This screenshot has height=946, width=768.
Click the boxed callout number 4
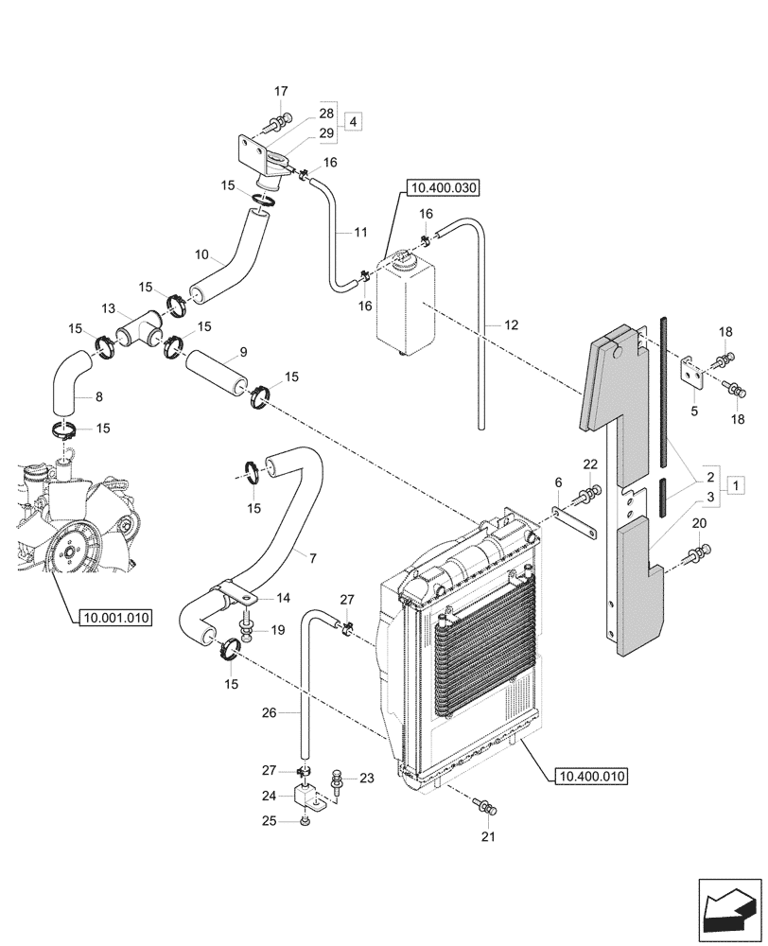click(352, 122)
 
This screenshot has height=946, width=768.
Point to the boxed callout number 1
click(736, 484)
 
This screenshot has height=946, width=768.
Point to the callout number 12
click(511, 325)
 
